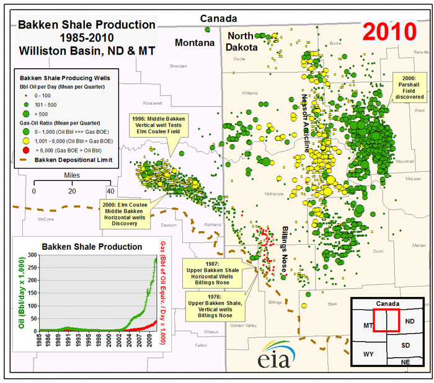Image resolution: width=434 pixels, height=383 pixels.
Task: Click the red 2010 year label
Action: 389,29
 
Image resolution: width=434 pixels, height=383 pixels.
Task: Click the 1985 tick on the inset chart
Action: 40,341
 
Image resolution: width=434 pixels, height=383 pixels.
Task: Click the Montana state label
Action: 193,43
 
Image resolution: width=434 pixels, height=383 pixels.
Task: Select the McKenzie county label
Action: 273,193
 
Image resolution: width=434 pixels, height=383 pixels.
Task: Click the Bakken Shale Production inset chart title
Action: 92,246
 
